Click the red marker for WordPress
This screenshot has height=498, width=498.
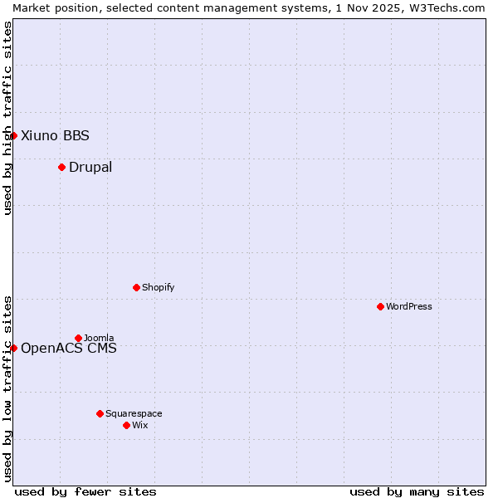(x=380, y=306)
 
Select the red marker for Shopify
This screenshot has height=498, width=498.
(x=136, y=287)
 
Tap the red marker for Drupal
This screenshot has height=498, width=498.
(x=61, y=167)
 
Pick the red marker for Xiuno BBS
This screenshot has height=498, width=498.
(x=13, y=135)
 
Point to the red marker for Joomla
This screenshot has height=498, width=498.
(x=78, y=338)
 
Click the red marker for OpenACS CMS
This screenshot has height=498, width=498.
(x=13, y=348)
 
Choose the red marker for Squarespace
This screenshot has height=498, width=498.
(x=100, y=413)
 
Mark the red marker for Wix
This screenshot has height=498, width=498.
(x=126, y=425)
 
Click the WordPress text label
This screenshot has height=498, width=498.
(x=409, y=306)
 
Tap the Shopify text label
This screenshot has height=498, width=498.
(x=158, y=287)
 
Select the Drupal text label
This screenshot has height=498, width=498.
(x=90, y=167)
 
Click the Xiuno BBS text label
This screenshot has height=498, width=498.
(x=55, y=135)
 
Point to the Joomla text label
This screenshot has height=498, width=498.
(x=99, y=338)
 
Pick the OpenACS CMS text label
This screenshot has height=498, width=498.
(x=69, y=348)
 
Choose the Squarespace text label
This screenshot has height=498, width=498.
(x=134, y=413)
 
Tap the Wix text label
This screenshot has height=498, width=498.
(x=140, y=425)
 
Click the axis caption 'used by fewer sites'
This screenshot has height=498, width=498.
(x=85, y=491)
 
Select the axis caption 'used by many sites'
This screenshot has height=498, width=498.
(x=417, y=491)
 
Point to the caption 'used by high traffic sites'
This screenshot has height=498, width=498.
(x=7, y=118)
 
